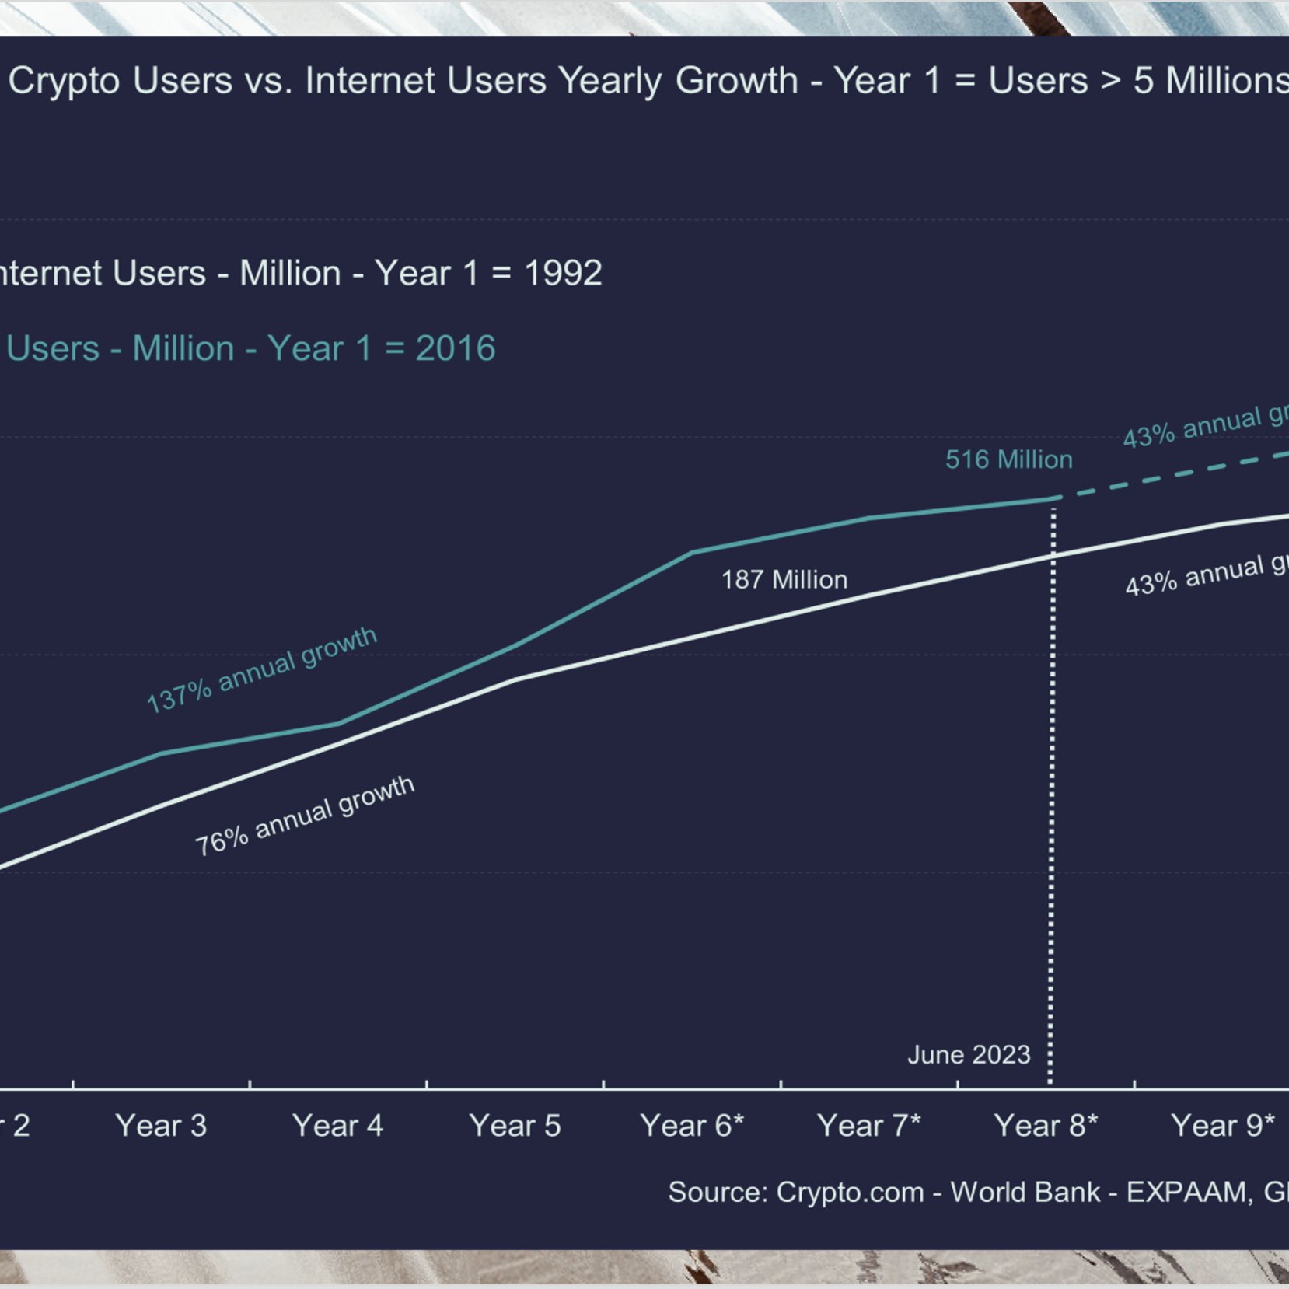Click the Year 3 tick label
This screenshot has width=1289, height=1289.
pyautogui.click(x=161, y=1125)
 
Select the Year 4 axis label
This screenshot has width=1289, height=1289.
pyautogui.click(x=337, y=1125)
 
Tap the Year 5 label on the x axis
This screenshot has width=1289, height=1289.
pyautogui.click(x=515, y=1125)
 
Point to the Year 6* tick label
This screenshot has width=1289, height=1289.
pyautogui.click(x=692, y=1125)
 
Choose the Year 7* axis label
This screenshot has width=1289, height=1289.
pyautogui.click(x=868, y=1125)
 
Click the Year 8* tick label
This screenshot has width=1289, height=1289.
pyautogui.click(x=1046, y=1125)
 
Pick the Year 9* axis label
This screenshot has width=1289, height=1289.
pyautogui.click(x=1222, y=1125)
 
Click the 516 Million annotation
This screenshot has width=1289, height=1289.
pyautogui.click(x=1008, y=459)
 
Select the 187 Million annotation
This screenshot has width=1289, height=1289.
pyautogui.click(x=784, y=579)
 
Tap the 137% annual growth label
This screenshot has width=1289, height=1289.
pyautogui.click(x=262, y=669)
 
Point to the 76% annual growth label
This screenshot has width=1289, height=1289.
pyautogui.click(x=304, y=816)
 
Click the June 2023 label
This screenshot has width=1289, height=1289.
pyautogui.click(x=969, y=1054)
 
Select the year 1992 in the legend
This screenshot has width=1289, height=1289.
pyautogui.click(x=563, y=273)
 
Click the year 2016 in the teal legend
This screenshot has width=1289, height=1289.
pyautogui.click(x=455, y=348)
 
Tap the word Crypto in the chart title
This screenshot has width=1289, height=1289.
pyautogui.click(x=65, y=80)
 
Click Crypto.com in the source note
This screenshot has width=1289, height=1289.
pyautogui.click(x=850, y=1192)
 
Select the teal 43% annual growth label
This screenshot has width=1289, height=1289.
pyautogui.click(x=1205, y=426)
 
